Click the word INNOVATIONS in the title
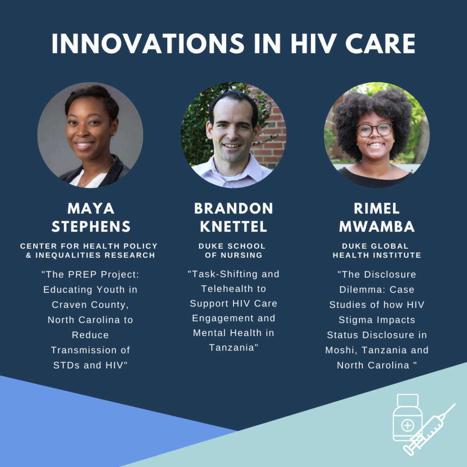(x=148, y=43)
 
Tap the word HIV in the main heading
(x=314, y=43)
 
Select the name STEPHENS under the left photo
(x=91, y=227)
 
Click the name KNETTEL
(x=233, y=227)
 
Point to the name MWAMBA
(x=377, y=227)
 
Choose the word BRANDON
(x=233, y=208)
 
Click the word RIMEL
(x=377, y=208)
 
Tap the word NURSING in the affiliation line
(x=242, y=255)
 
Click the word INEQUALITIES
(x=68, y=255)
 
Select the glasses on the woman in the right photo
(x=375, y=130)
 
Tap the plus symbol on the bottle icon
(x=407, y=425)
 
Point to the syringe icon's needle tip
(x=455, y=404)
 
